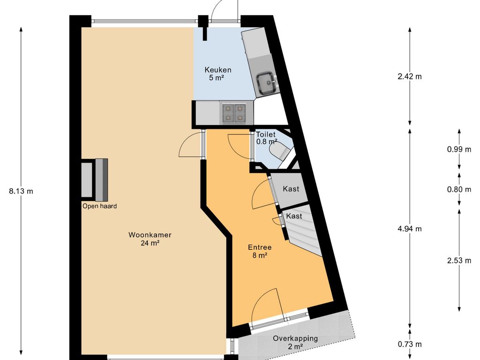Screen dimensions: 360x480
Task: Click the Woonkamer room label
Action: (150, 235)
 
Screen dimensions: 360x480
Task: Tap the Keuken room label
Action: (218, 70)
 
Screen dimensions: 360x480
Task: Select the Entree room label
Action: (260, 247)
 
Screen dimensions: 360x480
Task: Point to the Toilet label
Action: (266, 134)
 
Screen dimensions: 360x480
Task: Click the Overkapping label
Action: (295, 338)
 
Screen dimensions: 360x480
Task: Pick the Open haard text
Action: (99, 206)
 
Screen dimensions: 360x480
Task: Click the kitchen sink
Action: (267, 82)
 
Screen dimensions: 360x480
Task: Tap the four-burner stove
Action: (234, 113)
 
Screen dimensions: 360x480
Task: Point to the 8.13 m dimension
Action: (21, 191)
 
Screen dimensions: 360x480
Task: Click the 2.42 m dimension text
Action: (410, 76)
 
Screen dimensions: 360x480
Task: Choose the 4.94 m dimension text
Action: (410, 229)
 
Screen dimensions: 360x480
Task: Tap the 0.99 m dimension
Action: (459, 150)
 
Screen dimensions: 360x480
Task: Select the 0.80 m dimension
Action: (459, 189)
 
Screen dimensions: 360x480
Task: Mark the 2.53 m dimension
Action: (459, 261)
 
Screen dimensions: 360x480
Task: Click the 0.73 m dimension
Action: (410, 344)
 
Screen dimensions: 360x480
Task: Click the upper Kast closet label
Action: (291, 189)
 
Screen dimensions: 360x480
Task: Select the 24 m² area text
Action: (150, 243)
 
